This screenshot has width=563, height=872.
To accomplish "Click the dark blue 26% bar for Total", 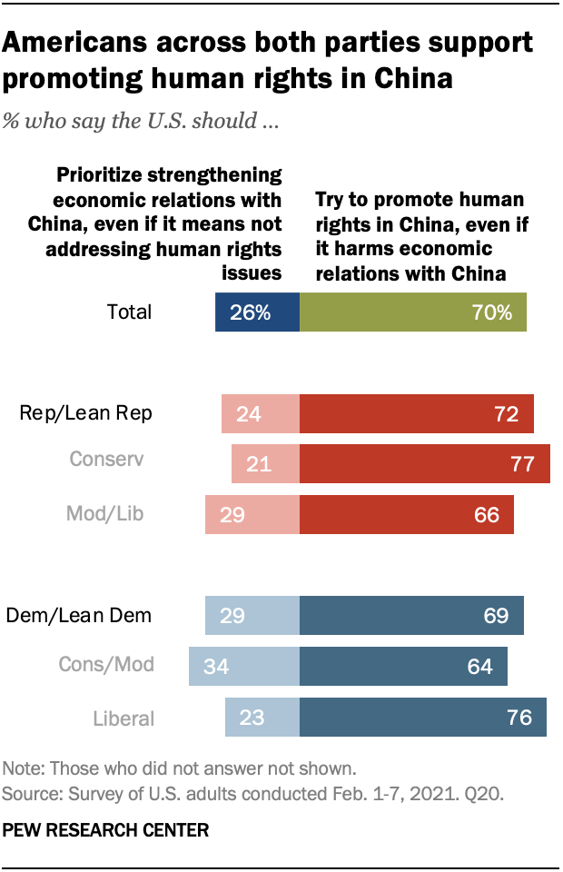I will point(257,312).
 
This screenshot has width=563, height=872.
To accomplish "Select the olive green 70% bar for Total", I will point(413,312).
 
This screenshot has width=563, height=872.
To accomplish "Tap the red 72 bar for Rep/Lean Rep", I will point(416,414).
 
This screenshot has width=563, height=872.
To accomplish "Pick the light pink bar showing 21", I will point(265,463).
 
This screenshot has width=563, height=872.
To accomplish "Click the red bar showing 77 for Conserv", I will point(424,463).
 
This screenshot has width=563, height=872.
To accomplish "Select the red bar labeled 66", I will point(406,514).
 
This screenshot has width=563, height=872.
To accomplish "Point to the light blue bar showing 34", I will point(243,666).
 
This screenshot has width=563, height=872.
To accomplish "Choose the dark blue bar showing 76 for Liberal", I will point(422,717).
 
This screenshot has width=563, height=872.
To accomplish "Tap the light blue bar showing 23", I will point(262,717).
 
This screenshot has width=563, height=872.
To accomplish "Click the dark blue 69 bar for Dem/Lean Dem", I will point(411,615).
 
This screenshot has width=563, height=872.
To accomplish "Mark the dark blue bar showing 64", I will point(403,666).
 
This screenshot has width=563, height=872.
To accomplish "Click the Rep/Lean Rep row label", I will point(85,414).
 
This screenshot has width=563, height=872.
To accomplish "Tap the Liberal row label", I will point(123,718).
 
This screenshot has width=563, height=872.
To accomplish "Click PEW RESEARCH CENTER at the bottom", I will point(106,829).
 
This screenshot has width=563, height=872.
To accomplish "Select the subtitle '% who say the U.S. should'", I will point(140,121).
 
